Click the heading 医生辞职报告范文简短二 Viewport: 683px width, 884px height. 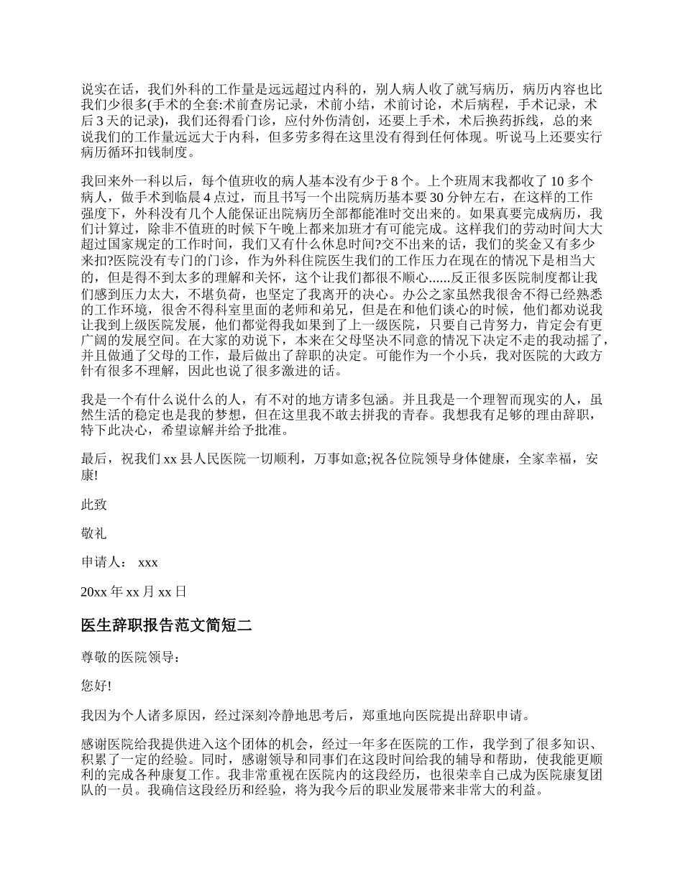[166, 625]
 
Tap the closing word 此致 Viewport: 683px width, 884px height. [94, 505]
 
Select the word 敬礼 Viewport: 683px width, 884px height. [94, 533]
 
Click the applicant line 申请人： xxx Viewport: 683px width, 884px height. [119, 562]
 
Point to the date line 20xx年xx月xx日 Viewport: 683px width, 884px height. [134, 591]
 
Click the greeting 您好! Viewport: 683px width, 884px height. [96, 686]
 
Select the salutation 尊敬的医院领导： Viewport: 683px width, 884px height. [127, 656]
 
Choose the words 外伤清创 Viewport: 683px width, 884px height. [365, 121]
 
